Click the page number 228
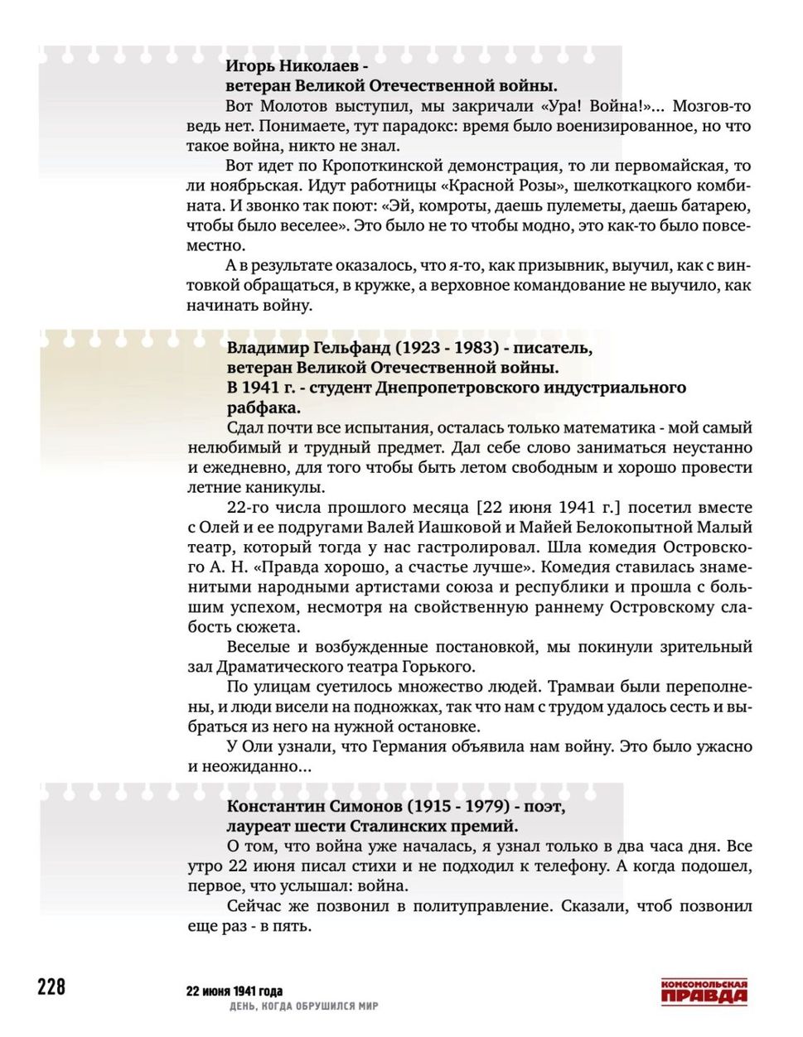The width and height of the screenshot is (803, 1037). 51,986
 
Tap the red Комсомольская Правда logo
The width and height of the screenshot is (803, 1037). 704,991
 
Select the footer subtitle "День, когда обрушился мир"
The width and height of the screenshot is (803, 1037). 303,1006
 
